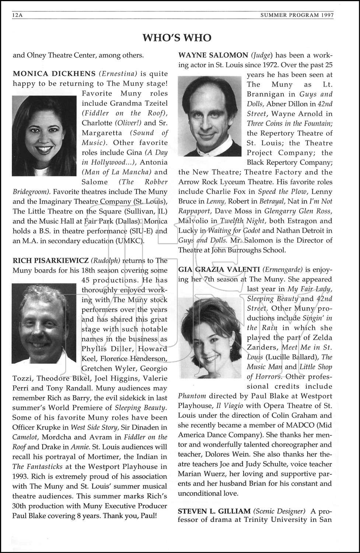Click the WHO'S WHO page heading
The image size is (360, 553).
tap(177, 38)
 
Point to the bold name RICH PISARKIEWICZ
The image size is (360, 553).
tap(50, 261)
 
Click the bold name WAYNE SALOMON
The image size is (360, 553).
tap(213, 55)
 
